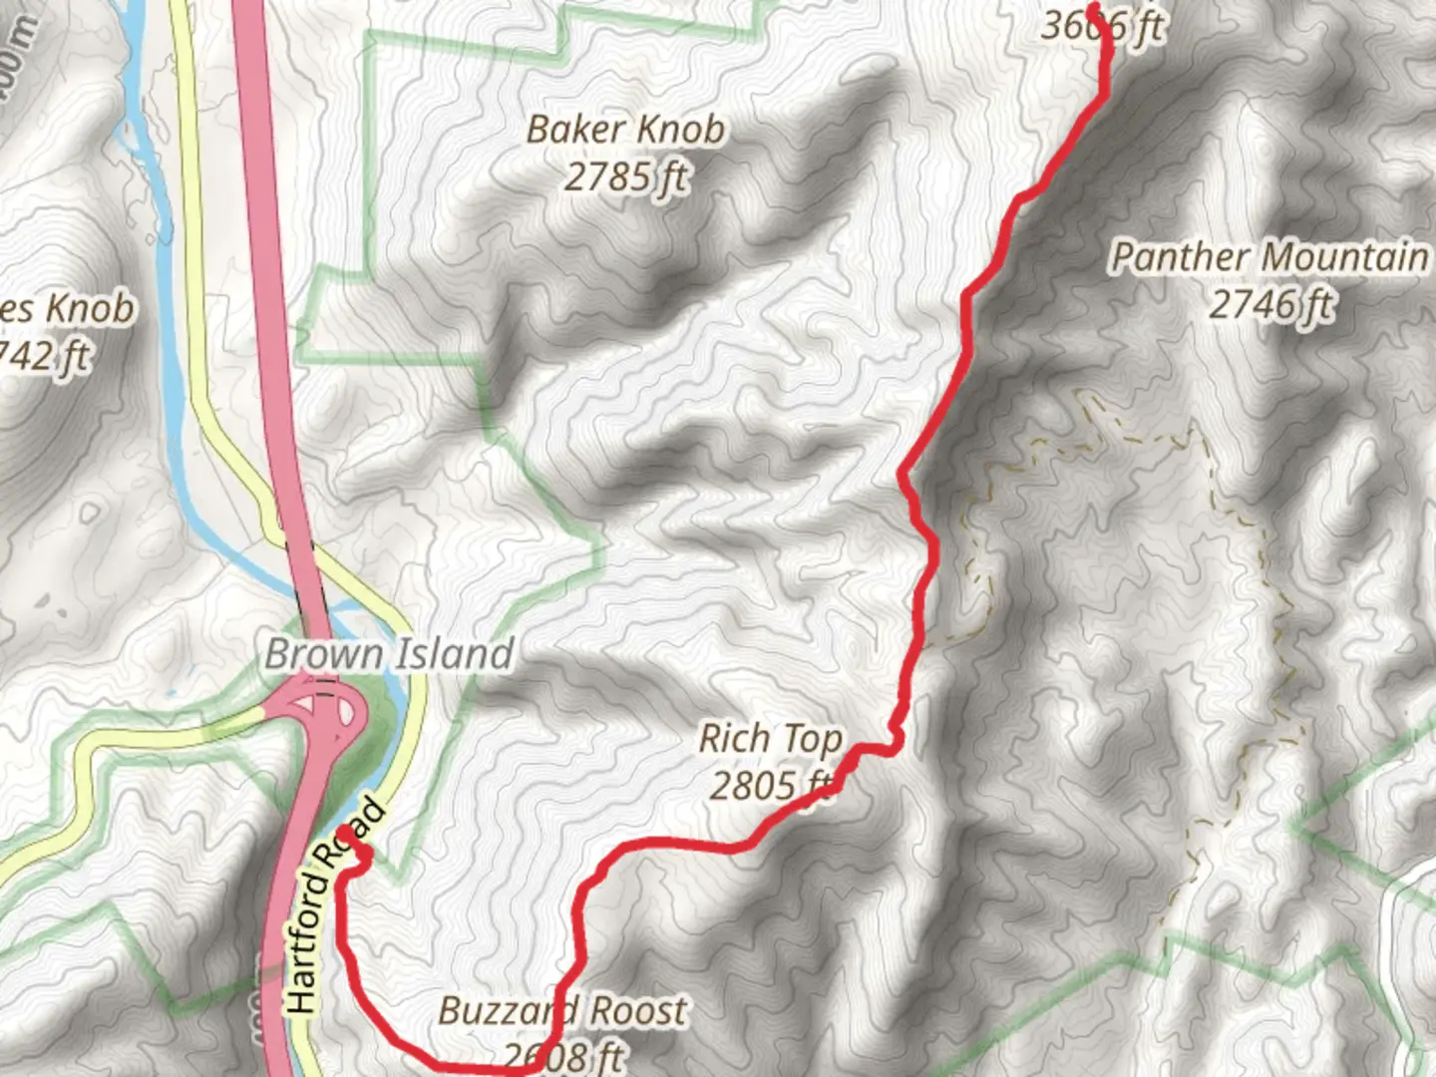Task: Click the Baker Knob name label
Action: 625,130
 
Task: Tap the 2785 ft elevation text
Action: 625,178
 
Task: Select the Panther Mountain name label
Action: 1268,257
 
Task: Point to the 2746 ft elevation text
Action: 1271,304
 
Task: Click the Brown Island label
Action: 389,654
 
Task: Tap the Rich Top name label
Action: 770,739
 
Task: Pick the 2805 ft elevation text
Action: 770,786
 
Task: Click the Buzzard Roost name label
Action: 562,1011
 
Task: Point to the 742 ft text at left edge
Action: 45,356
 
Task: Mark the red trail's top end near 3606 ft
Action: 1093,8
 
